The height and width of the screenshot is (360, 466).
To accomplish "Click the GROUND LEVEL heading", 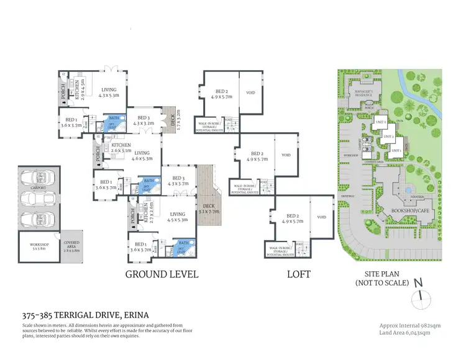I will [162, 274].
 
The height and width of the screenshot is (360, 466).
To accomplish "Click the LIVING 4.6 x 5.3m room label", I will [142, 155].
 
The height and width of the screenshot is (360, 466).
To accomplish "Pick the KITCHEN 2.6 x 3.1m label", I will [121, 147].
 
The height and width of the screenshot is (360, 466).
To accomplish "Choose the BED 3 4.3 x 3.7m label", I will [177, 181].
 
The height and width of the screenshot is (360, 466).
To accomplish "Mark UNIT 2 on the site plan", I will [388, 136].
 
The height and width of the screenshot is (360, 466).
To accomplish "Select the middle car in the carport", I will [39, 200].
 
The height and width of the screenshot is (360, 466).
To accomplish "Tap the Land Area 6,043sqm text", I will [405, 333].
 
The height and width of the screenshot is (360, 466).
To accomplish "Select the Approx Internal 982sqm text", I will [405, 325].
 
